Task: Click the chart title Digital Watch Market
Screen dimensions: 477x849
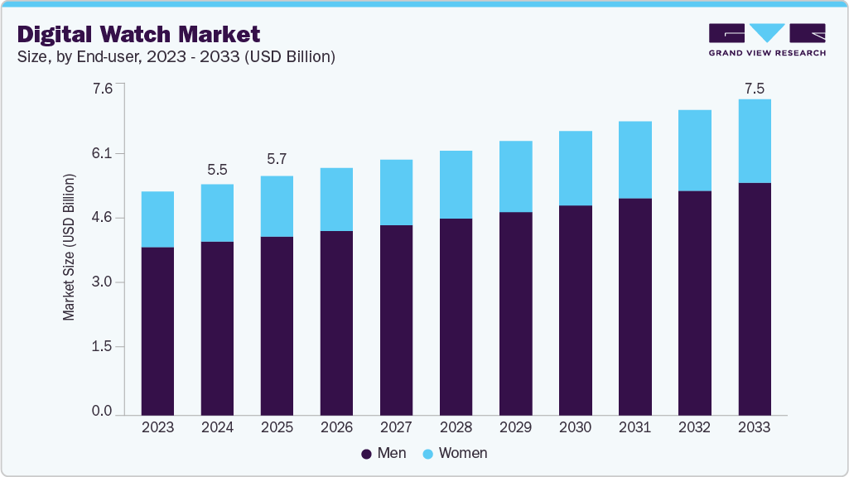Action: click(x=138, y=34)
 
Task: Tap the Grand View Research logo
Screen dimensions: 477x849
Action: click(x=766, y=39)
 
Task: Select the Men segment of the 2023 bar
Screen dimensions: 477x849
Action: click(x=157, y=330)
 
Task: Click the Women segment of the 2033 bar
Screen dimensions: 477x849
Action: click(x=754, y=141)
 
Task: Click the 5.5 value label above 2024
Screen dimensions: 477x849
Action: click(x=217, y=170)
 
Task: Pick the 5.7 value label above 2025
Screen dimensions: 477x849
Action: click(x=277, y=159)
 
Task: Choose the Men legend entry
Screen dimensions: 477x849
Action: click(x=383, y=453)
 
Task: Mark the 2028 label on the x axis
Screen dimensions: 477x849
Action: click(x=456, y=428)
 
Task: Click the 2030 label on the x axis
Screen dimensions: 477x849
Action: click(x=575, y=428)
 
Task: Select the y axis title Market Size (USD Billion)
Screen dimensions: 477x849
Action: click(x=70, y=248)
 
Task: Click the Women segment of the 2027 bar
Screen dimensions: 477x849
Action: click(x=396, y=192)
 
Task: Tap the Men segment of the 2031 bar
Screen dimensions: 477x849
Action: click(x=634, y=306)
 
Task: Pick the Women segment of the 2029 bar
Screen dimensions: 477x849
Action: click(x=515, y=176)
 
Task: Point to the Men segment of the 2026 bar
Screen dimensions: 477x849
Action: click(x=336, y=322)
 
